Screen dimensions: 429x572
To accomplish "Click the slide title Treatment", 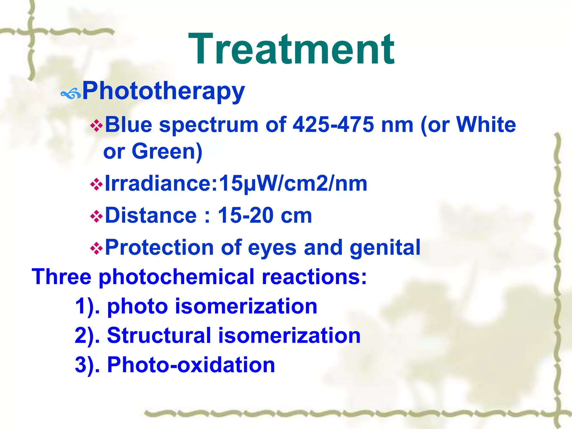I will point(291,49).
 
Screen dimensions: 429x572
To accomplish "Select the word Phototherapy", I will point(164,91).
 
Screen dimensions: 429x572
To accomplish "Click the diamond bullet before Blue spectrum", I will point(96,126).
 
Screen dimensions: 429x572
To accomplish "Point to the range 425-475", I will point(333,125).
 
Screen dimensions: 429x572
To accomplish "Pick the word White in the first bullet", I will point(486,125).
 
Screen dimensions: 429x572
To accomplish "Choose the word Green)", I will point(167,151).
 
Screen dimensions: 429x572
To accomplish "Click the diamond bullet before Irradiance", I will point(96,185).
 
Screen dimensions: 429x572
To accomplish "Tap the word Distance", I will point(151,216).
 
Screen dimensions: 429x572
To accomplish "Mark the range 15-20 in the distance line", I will point(245,216).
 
